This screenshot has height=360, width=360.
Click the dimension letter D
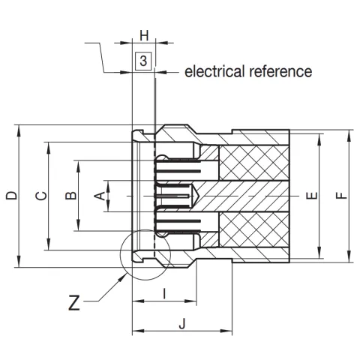(11, 196)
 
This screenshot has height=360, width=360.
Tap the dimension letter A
(97, 196)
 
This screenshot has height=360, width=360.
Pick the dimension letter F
(342, 196)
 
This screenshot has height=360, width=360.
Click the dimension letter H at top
(144, 35)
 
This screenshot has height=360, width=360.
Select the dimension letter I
(164, 293)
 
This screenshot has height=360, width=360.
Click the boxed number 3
(144, 61)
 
